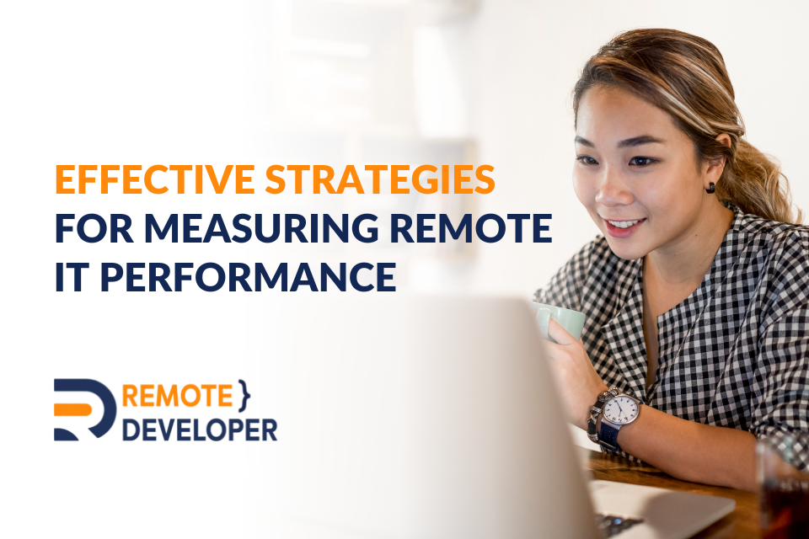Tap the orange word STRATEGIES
coord(380,179)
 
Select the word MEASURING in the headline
coord(261,228)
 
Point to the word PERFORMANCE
coord(248,277)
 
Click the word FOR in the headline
coord(94,228)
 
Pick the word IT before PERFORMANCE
coord(72,277)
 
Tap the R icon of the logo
coord(85,410)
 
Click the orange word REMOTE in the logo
coord(178,396)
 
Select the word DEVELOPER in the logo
coord(200,430)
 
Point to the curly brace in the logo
coord(244,396)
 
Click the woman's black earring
coord(711,188)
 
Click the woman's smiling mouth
coord(624,227)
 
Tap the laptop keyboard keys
coord(618,525)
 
